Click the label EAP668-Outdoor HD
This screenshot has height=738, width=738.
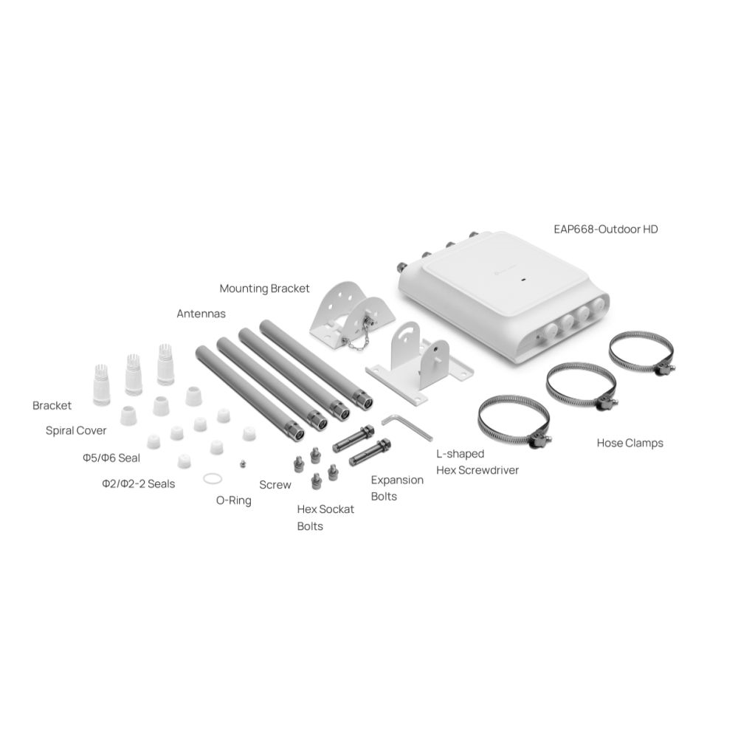tap(605, 229)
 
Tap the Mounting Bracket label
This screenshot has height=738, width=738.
tap(265, 288)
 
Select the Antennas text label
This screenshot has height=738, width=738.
tap(201, 313)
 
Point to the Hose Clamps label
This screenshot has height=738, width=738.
tap(630, 443)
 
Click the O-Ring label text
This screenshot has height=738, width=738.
tap(233, 500)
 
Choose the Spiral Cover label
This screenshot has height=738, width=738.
tap(76, 430)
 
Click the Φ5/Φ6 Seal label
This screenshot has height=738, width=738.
tap(111, 458)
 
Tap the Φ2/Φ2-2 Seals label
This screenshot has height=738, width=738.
tap(138, 484)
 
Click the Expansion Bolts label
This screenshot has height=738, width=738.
tap(397, 488)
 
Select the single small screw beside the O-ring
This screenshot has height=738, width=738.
tap(243, 463)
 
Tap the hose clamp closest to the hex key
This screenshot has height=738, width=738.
tap(514, 421)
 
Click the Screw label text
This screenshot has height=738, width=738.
tap(275, 485)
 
